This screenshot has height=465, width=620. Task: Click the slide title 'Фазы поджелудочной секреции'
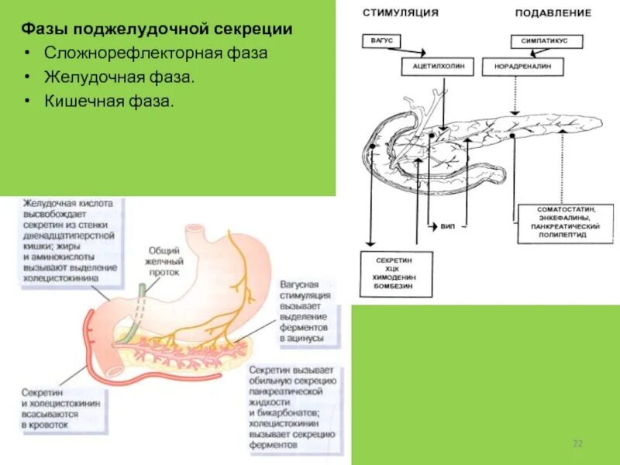point(157,29)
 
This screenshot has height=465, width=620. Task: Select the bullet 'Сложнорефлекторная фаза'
point(155,53)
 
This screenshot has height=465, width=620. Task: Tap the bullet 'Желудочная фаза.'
point(119,77)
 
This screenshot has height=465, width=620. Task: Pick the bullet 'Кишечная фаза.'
point(109,102)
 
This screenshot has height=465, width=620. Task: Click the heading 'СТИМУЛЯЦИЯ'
point(400,13)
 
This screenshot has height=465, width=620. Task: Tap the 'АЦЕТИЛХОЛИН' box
point(437,67)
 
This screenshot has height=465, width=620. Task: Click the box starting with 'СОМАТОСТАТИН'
point(570,222)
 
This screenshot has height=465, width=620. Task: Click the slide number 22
point(577,443)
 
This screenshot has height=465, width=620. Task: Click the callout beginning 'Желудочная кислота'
point(69,239)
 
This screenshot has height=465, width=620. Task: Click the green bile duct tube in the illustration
point(138,310)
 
